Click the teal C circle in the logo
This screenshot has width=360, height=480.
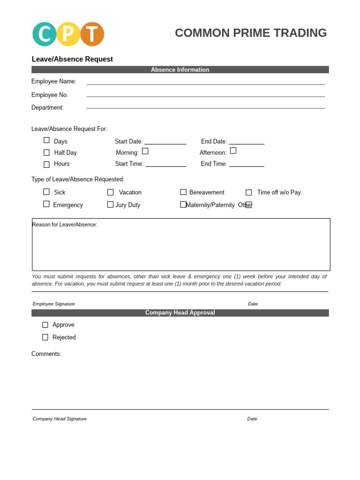coord(44,34)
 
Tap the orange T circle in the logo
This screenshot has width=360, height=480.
coord(92,34)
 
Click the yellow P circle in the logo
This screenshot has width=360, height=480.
coord(68,34)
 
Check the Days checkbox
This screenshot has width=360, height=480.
coord(46,140)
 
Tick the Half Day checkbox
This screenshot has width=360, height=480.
coord(46,152)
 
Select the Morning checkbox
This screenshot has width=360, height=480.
coord(145,151)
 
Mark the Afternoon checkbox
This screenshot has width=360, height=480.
coord(233,150)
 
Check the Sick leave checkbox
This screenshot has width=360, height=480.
coord(46,192)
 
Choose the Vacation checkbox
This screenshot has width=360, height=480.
coord(110,192)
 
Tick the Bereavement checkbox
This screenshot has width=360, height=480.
coord(183,192)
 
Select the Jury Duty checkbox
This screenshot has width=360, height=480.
coord(110,204)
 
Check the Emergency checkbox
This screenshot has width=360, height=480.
coord(46,204)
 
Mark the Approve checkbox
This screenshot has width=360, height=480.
coord(45,325)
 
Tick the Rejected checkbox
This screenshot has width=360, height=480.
coord(45,337)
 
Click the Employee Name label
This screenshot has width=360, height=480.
coord(54,82)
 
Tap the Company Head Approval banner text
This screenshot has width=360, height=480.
coord(180,313)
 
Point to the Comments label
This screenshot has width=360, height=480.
coord(46,354)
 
